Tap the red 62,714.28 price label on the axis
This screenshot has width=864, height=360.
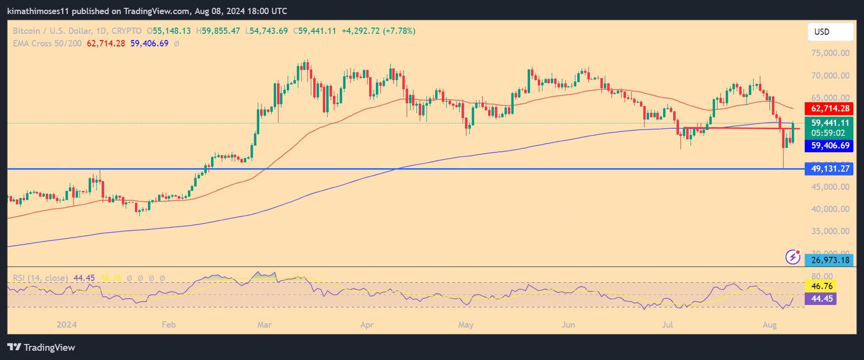829,108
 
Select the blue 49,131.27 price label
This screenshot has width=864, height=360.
829,169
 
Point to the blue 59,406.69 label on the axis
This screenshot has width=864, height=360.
829,146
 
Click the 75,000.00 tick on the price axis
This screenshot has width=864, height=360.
830,53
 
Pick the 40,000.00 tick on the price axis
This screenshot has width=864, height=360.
830,209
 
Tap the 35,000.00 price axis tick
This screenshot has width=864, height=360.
830,231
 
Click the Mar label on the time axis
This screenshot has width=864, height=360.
265,324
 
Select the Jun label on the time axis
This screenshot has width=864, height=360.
568,324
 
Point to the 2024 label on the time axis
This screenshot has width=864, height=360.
66,324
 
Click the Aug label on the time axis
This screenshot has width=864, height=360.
769,324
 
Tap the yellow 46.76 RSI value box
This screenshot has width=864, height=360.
821,286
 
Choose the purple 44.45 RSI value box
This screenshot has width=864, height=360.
821,298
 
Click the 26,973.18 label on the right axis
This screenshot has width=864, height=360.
830,260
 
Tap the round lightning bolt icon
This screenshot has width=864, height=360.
792,257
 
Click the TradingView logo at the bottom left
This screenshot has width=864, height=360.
41,348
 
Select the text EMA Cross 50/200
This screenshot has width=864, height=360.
48,43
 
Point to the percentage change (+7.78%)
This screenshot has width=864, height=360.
399,31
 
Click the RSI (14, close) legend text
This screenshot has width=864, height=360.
40,278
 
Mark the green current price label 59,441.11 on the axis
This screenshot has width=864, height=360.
829,123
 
